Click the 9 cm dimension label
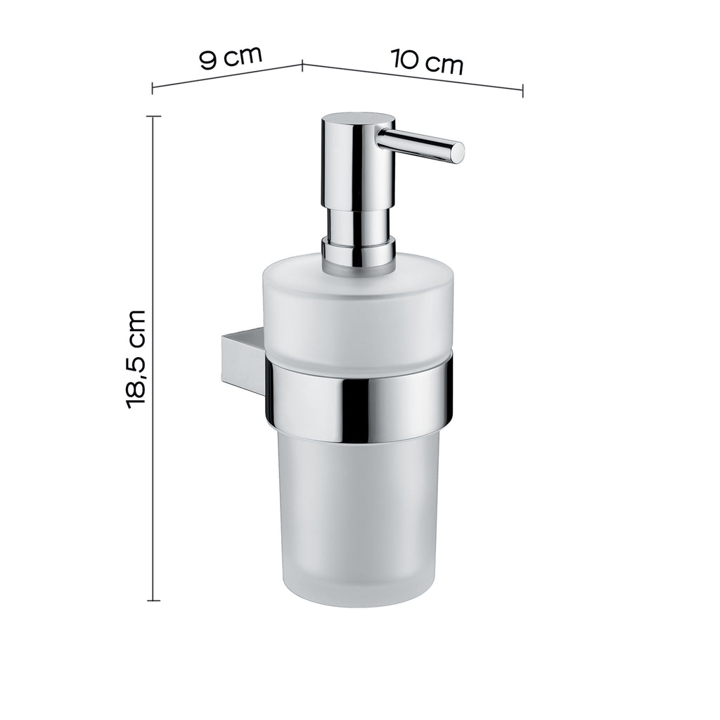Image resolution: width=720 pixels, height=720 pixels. tap(231, 57)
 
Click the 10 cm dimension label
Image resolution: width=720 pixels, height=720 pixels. tap(427, 62)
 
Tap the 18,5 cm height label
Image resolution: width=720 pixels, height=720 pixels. tap(136, 359)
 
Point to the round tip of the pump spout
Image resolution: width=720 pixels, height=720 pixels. tap(457, 153)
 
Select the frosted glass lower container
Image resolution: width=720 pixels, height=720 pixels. tap(360, 520)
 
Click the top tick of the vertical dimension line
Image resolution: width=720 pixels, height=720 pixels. tap(153, 116)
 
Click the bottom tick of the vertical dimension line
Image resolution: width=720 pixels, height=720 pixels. tap(153, 600)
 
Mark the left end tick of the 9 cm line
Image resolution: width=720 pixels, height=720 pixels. tap(153, 88)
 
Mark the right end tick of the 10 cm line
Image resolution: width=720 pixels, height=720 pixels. tap(522, 89)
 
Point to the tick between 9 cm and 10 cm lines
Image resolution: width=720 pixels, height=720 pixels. tap(302, 65)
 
